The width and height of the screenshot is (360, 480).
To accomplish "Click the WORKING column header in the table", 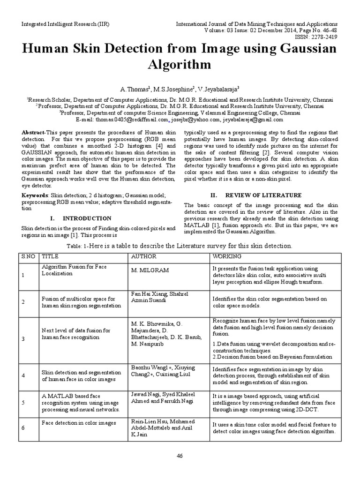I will click(227, 256).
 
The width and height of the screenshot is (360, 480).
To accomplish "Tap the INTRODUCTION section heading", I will click(87, 218).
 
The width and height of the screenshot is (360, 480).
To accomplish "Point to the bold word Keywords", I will click(35, 195).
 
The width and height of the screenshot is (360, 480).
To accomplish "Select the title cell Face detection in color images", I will click(79, 423).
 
